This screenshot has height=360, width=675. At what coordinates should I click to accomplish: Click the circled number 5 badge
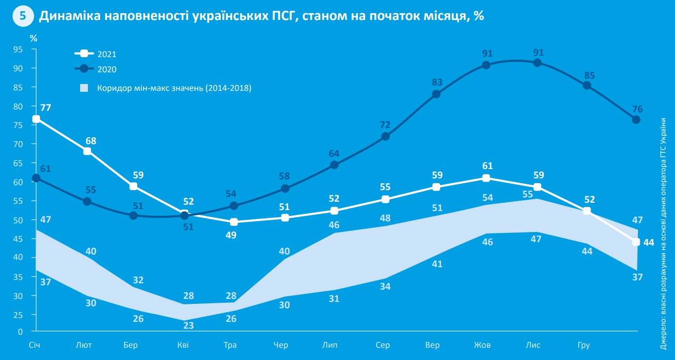22,16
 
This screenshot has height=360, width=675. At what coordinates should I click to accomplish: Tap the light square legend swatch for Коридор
84,88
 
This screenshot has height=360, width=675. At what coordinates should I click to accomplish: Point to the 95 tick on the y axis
18,49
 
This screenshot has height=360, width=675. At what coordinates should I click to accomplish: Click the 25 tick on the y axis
18,315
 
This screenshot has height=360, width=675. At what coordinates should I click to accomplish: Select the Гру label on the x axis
584,345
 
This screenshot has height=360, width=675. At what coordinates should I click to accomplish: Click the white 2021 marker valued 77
36,119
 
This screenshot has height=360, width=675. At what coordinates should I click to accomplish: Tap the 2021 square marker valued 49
233,222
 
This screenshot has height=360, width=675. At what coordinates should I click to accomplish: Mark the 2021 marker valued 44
636,242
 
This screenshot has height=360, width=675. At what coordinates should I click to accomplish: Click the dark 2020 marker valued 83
436,94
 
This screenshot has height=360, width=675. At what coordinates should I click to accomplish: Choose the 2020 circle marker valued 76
636,120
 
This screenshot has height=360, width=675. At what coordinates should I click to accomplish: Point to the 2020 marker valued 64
334,165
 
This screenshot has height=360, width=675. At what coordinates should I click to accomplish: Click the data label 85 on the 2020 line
589,76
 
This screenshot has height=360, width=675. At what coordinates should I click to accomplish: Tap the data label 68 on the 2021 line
90,141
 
